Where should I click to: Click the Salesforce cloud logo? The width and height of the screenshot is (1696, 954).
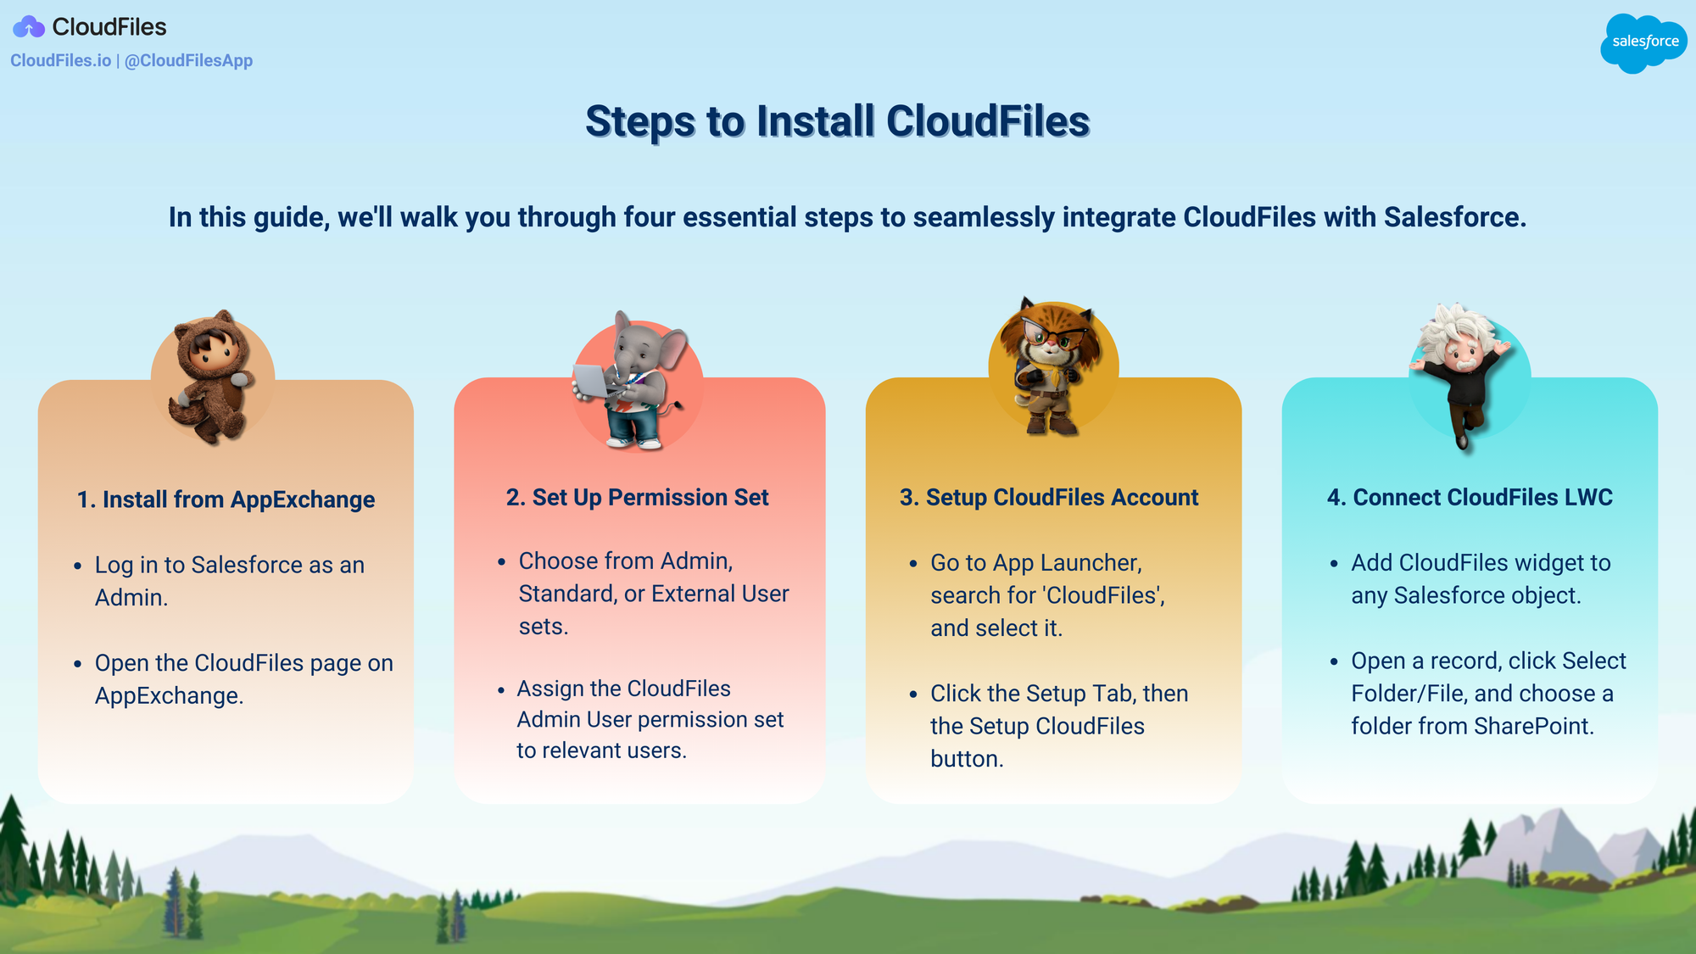[1643, 42]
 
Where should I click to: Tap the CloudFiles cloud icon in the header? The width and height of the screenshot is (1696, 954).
[29, 27]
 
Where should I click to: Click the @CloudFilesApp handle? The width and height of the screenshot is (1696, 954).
[188, 60]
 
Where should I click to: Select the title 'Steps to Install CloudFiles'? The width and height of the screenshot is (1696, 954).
[838, 121]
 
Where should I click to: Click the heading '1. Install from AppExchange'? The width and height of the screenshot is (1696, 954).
[226, 499]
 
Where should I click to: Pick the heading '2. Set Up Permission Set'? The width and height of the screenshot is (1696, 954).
[638, 497]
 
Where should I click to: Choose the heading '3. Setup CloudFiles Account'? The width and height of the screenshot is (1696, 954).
[1049, 497]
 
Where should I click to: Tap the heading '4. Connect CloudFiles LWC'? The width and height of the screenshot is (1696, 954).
[1470, 497]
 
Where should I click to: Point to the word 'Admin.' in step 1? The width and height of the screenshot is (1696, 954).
[131, 598]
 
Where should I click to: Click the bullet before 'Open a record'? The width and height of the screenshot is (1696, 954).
[1334, 661]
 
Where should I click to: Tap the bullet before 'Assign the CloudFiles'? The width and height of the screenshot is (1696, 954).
[501, 689]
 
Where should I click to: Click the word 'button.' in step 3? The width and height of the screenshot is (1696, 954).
[967, 759]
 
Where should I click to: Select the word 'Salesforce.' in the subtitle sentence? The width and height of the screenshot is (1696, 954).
[1455, 217]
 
